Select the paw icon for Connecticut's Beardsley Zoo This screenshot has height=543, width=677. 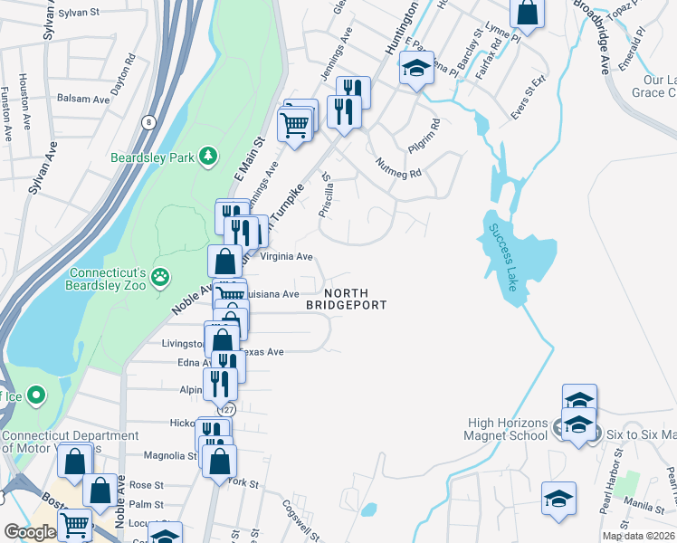coord(160,277)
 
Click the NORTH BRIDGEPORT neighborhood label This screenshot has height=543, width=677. coord(347,299)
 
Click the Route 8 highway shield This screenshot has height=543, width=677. coord(148,120)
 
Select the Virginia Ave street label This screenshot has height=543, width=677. coord(286,256)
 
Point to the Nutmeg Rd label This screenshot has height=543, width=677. coord(399,167)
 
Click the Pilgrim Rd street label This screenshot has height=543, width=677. coord(424,135)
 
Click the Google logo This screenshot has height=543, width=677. coord(30,532)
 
